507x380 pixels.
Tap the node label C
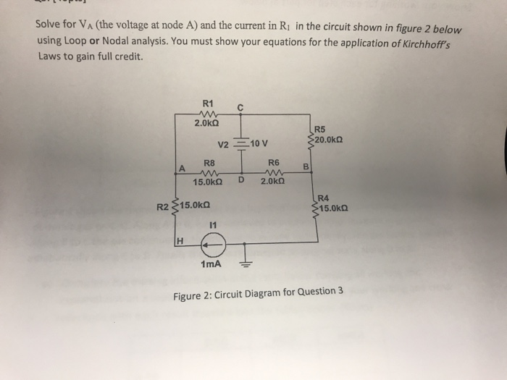240,109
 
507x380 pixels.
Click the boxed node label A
183,168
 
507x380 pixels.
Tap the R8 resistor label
209,163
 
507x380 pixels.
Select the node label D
240,180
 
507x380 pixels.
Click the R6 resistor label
274,163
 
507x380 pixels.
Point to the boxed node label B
306,167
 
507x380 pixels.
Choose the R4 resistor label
323,198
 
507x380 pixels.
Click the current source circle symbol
212,246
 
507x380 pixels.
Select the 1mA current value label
211,265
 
